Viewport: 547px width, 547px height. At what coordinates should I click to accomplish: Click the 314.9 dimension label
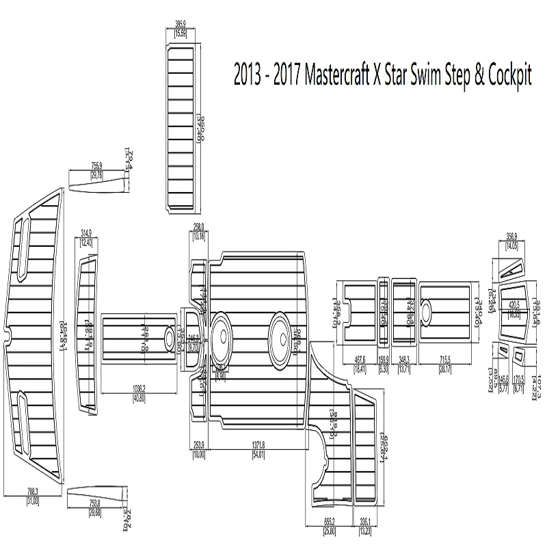[x=86, y=232]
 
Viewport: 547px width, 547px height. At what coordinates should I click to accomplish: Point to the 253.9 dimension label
[x=198, y=444]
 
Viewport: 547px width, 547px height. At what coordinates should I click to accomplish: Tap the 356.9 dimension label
[x=511, y=237]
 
